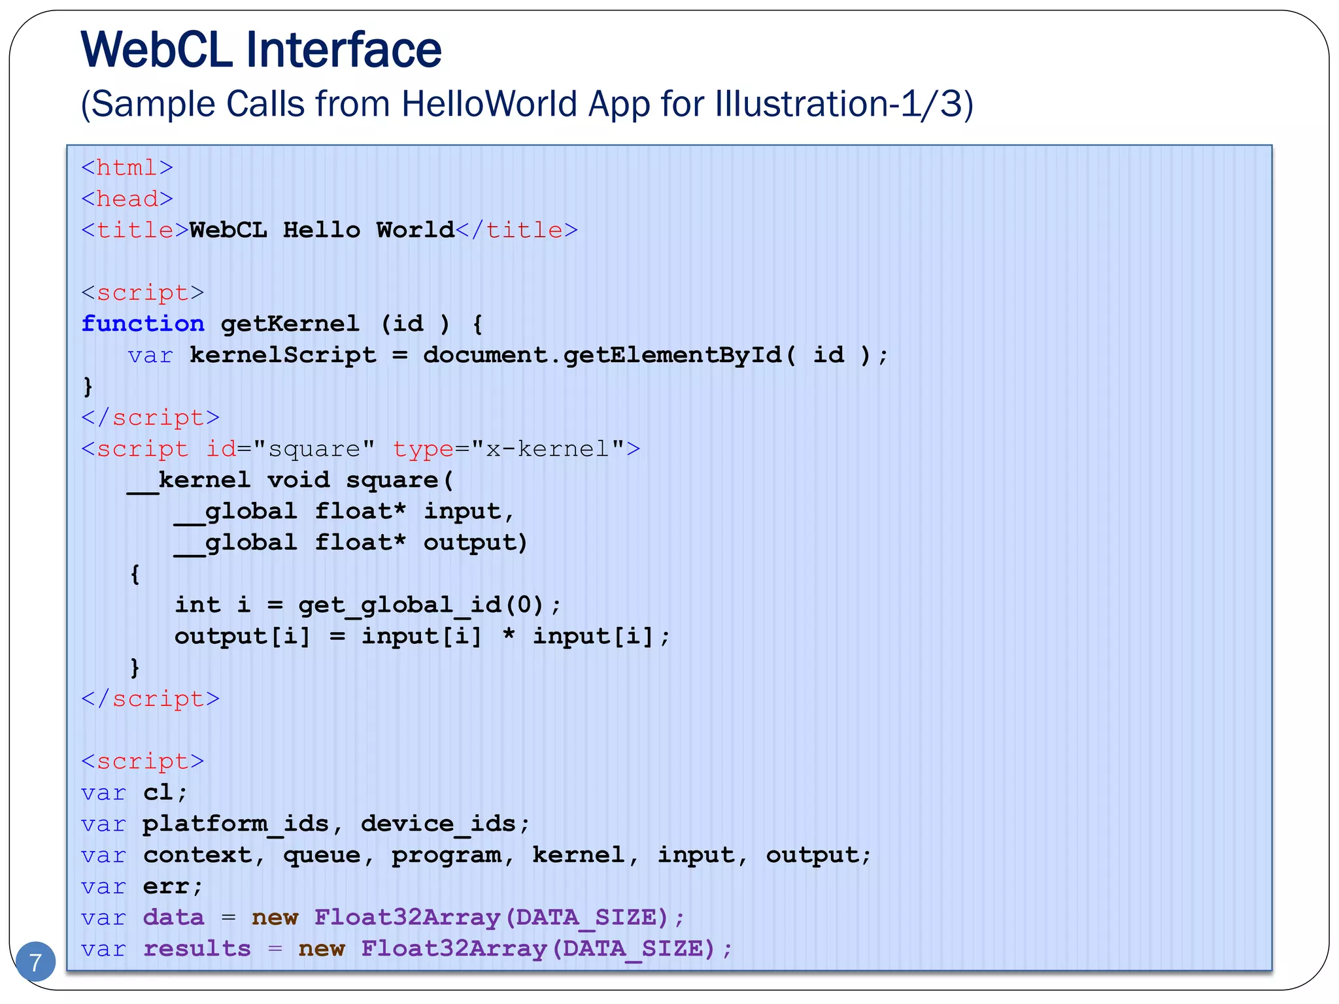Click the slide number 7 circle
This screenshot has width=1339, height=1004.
(35, 962)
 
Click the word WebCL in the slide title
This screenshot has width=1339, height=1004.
(156, 50)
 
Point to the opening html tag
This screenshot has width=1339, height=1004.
(127, 168)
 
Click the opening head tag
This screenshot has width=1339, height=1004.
(127, 199)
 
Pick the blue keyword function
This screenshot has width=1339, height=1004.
(143, 324)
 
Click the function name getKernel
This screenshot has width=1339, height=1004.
(290, 324)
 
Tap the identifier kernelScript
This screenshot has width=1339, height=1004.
(282, 355)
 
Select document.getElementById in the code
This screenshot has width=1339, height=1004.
(602, 355)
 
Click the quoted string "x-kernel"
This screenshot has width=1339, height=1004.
(548, 449)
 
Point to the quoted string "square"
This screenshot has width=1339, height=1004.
(314, 449)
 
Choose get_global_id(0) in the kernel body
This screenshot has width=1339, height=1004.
(422, 605)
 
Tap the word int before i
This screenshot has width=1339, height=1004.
(197, 605)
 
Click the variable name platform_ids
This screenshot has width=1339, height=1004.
(236, 824)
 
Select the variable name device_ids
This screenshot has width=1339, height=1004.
(439, 824)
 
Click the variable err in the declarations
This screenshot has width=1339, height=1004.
(166, 887)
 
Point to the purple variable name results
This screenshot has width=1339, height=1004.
(197, 949)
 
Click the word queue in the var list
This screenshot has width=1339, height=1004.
(322, 856)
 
